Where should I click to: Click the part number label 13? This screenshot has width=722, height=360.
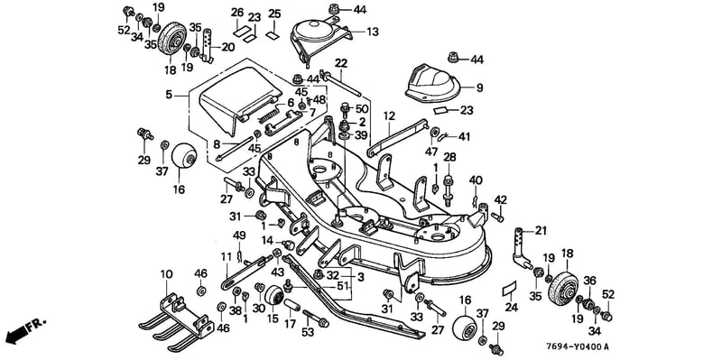372,32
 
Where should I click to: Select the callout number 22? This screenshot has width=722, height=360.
341,63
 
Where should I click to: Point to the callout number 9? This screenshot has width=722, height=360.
480,88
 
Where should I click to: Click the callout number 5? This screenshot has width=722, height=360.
169,95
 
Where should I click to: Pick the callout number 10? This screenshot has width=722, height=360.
166,275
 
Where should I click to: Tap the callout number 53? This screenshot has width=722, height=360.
308,331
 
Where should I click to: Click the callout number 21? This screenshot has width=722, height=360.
541,231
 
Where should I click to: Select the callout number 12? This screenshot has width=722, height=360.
389,116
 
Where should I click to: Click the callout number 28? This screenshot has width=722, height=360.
449,157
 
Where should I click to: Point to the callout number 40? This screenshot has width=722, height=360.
476,180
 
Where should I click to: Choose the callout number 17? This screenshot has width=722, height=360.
290,324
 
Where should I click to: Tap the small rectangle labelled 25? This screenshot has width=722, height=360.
273,34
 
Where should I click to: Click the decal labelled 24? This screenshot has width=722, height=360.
509,288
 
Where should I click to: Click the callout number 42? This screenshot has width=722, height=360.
501,199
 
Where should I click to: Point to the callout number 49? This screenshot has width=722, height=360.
238,235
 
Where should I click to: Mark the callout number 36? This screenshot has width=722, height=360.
590,281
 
